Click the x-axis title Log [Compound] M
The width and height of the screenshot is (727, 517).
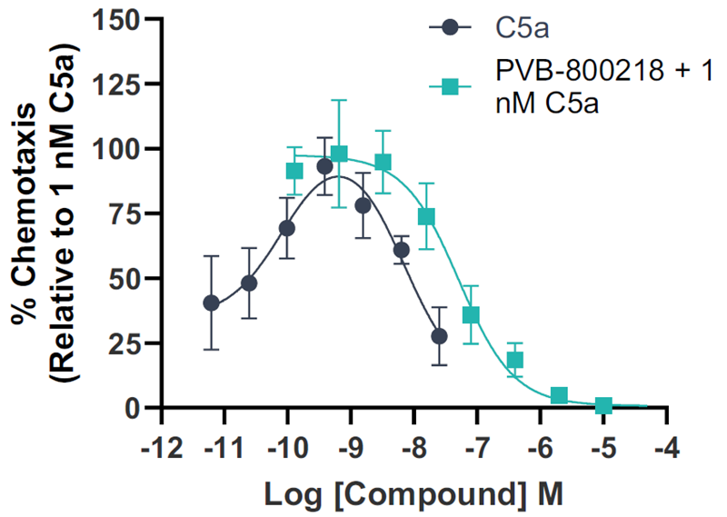413,494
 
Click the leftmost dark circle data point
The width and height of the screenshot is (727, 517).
211,303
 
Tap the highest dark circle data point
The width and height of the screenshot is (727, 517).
324,166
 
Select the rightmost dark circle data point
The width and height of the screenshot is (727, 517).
439,336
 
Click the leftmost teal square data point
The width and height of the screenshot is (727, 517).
294,171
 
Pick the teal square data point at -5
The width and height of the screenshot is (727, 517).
603,405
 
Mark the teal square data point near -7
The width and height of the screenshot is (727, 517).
471,315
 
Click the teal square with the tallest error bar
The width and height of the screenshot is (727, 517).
339,154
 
